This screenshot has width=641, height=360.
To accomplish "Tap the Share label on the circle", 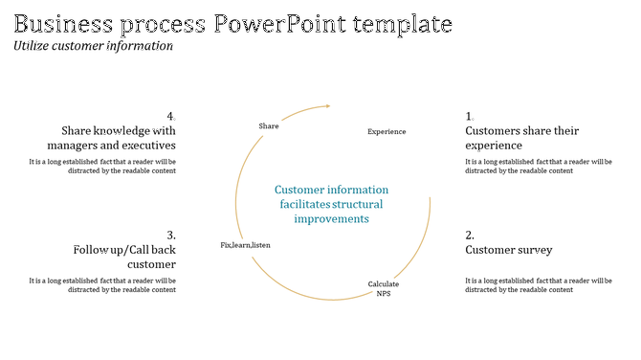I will tap(269, 126).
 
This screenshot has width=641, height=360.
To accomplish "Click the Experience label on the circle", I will tap(387, 131).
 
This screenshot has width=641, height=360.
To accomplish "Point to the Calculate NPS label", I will tap(384, 288).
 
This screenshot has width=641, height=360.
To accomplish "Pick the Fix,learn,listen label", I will tap(245, 245).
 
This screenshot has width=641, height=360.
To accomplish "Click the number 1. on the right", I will tap(470, 117).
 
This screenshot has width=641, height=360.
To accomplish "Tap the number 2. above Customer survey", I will tap(470, 236).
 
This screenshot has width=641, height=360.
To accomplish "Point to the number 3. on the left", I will tap(170, 236).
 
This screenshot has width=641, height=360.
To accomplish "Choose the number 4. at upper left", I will tap(170, 117).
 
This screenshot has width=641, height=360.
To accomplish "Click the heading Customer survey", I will tap(508, 250).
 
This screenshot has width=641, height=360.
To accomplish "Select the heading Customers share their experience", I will tap(521, 138).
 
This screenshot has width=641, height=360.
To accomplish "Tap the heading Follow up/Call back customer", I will tap(124, 257).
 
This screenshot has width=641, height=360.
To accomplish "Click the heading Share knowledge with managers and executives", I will tap(119, 138).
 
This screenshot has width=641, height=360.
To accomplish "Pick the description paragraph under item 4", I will tap(102, 166).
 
